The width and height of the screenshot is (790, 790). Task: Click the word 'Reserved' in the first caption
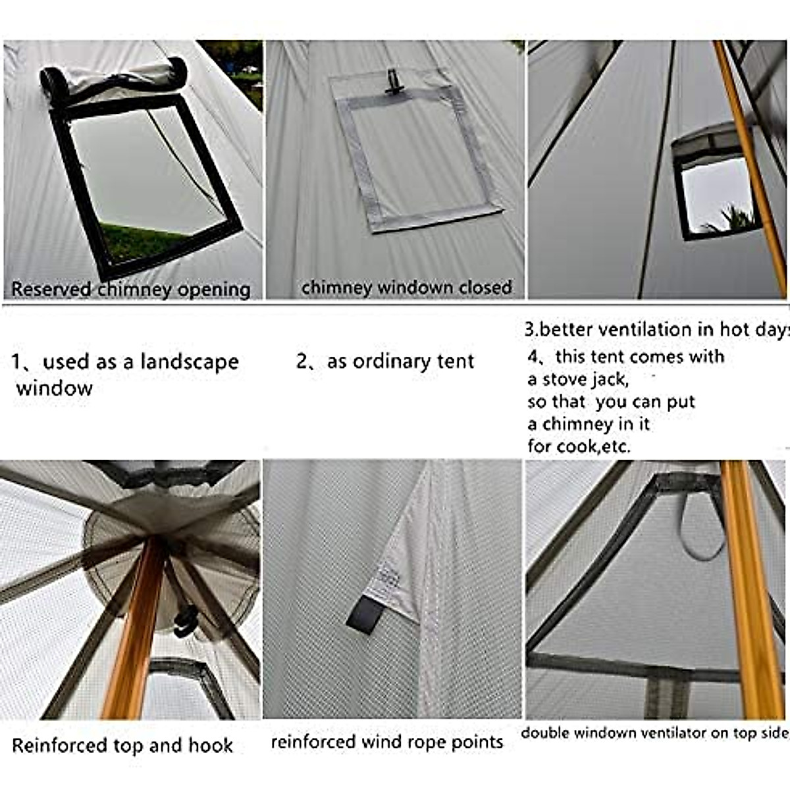point(51,289)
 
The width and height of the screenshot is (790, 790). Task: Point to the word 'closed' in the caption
point(487,287)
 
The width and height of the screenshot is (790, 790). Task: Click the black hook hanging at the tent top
point(186,622)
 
